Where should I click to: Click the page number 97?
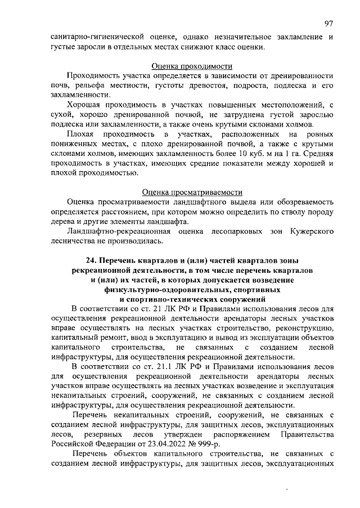pos(328,23)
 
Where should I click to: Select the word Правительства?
pos(305,435)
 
